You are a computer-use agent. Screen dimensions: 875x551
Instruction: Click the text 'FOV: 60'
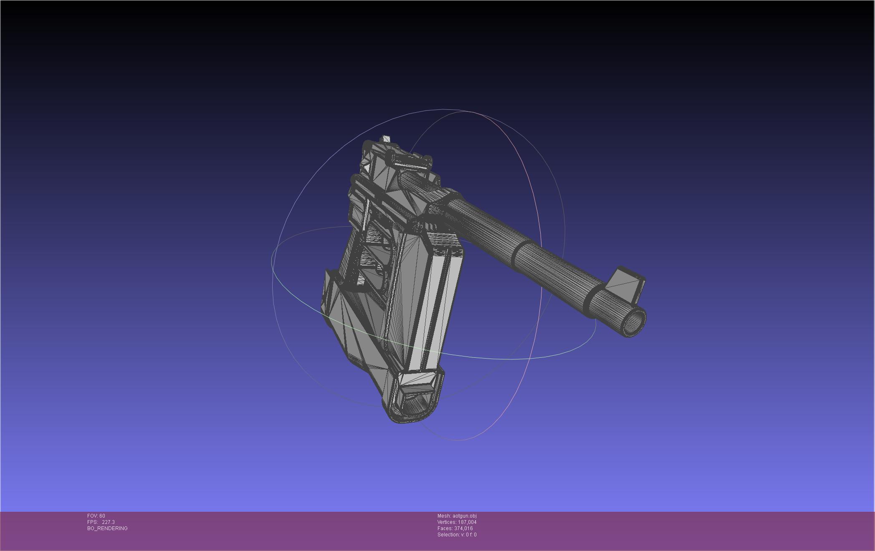[96, 516]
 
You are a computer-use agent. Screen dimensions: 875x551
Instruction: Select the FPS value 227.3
[108, 522]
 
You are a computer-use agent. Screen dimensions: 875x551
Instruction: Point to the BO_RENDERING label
[107, 528]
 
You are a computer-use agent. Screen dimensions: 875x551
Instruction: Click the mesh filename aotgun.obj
[464, 516]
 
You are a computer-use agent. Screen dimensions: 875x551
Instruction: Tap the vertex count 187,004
[467, 522]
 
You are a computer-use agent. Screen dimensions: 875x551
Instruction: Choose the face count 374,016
[463, 528]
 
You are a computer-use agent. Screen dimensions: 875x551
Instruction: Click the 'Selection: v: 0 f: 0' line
[457, 535]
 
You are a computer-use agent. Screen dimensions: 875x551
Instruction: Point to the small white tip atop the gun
[386, 139]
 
